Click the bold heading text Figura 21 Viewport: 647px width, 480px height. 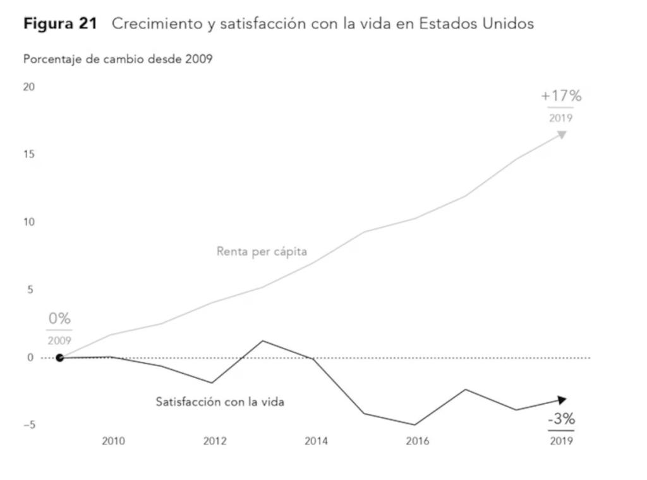[x=60, y=24]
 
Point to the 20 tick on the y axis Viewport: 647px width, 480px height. [x=29, y=87]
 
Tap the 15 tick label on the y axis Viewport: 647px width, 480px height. [x=29, y=155]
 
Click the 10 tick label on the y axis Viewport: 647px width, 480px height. [x=29, y=223]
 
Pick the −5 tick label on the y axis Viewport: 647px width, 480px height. [x=29, y=426]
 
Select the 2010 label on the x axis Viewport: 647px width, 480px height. [x=113, y=441]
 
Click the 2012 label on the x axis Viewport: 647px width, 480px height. [x=215, y=441]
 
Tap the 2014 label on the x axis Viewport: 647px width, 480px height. [x=316, y=441]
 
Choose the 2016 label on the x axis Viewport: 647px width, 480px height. [x=417, y=441]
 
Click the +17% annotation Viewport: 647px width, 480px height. [x=561, y=97]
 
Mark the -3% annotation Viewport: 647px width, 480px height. [x=561, y=419]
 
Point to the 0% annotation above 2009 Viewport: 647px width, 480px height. [x=59, y=319]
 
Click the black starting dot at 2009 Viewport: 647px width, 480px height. [x=59, y=358]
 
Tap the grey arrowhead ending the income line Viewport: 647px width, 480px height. [x=561, y=134]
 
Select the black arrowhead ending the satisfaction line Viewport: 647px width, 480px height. [x=562, y=399]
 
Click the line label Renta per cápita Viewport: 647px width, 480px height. [x=262, y=252]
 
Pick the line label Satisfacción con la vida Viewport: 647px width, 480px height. [x=220, y=402]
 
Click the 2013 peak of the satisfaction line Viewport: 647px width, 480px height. [x=262, y=341]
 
